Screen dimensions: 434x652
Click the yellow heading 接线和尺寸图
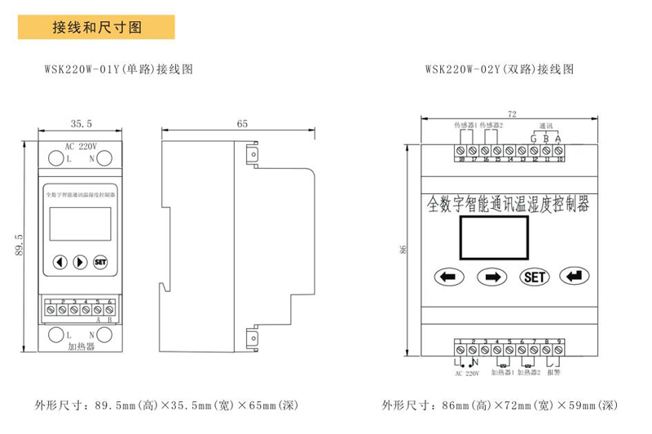[97, 27]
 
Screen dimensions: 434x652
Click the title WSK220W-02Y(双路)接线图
[500, 69]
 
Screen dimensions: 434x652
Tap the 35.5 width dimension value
[81, 125]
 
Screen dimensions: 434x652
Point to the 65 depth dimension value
[242, 125]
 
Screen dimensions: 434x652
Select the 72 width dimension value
[512, 113]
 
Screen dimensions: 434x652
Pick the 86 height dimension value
[402, 250]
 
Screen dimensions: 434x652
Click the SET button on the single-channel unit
[101, 262]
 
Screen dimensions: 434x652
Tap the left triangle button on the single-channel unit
[60, 262]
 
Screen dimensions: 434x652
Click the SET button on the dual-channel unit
[534, 277]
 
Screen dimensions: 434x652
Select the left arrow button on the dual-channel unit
[447, 277]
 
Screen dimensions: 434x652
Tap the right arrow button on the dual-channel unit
[491, 277]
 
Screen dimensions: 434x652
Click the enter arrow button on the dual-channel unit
[576, 276]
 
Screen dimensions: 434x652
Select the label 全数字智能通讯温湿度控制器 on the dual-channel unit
[509, 202]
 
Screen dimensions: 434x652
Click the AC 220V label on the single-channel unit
[81, 147]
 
